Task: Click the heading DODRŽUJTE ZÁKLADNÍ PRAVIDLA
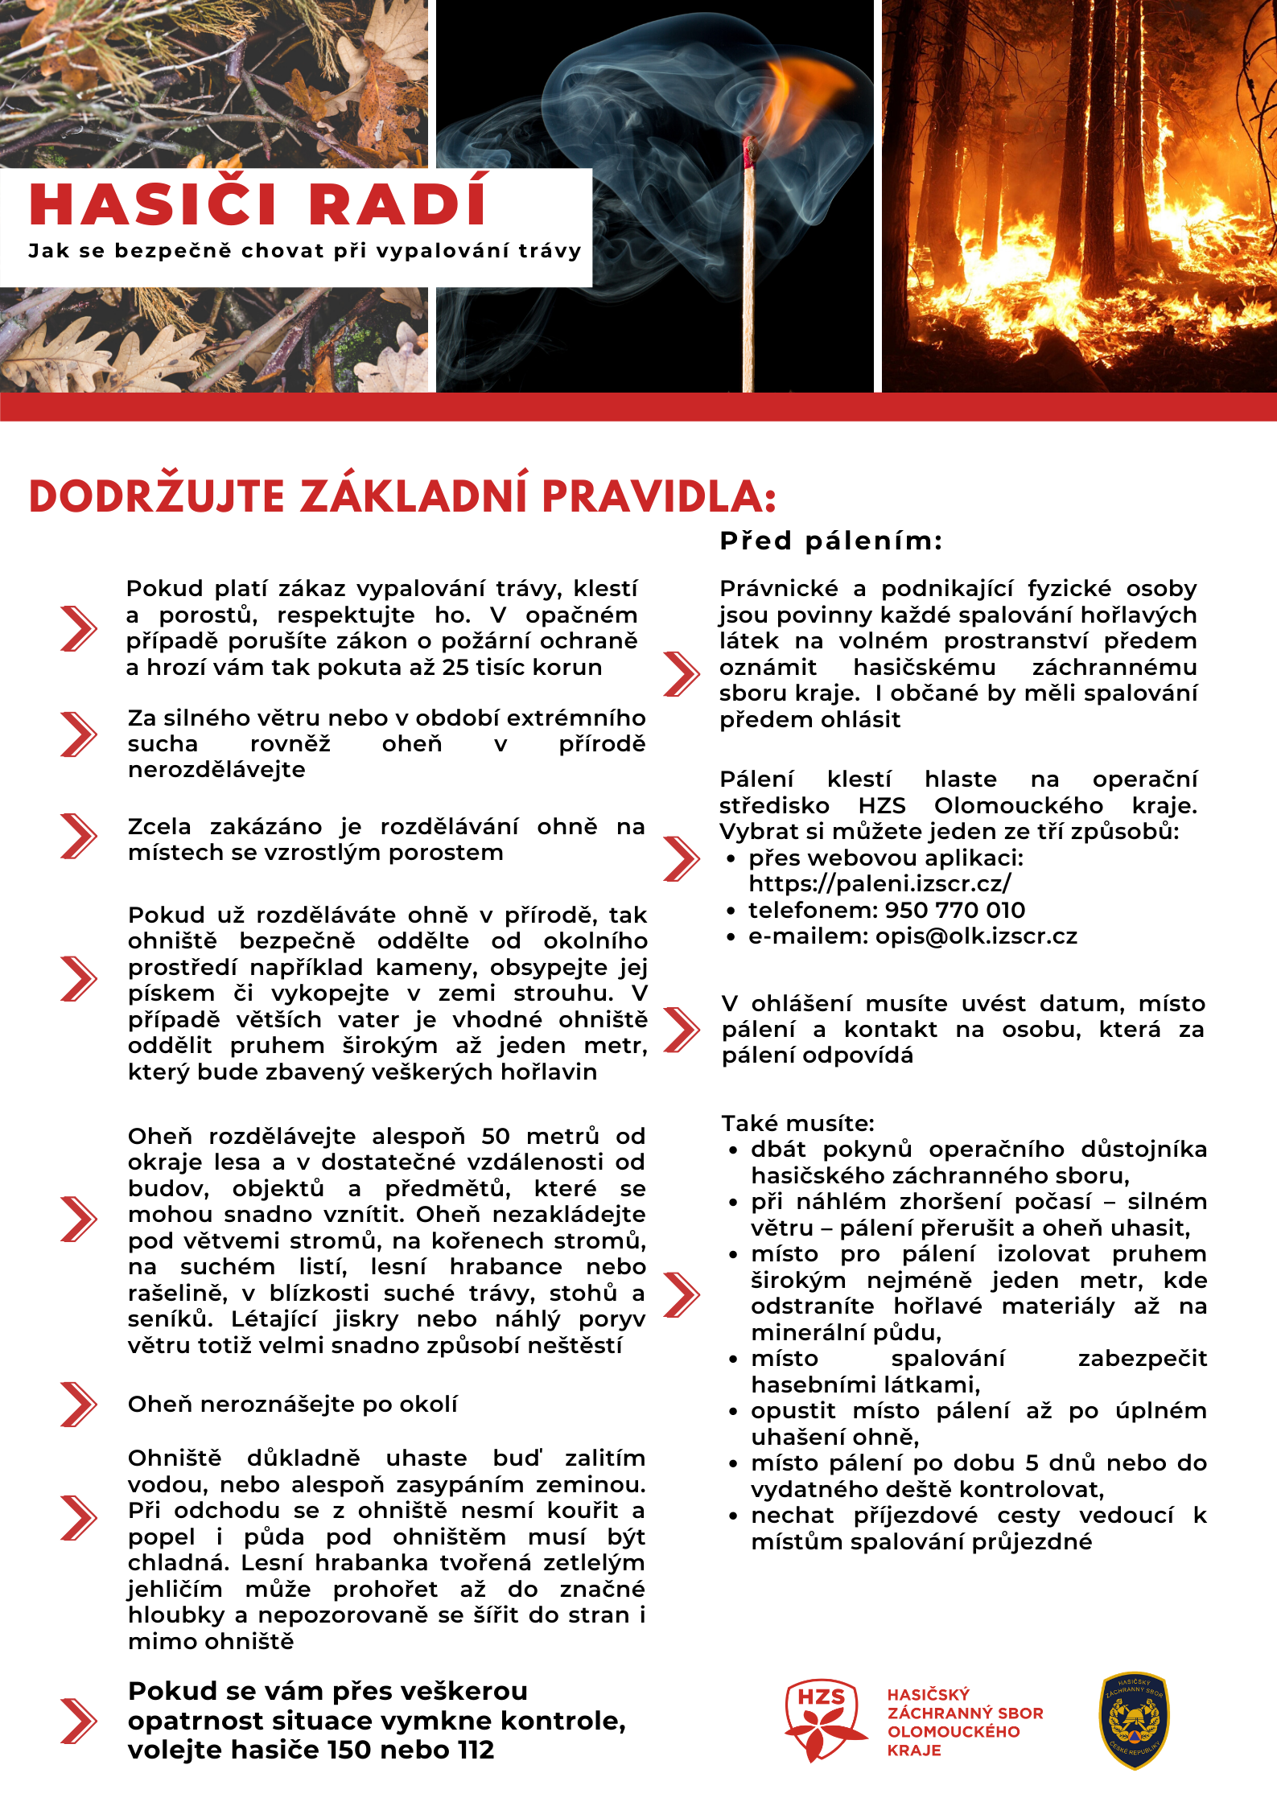coord(402,496)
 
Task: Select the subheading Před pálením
coord(830,541)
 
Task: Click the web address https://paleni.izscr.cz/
coord(879,883)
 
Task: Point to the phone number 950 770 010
coord(955,910)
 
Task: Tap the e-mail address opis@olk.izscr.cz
coord(976,936)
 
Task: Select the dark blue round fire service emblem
coord(1134,1720)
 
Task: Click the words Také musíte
coord(797,1123)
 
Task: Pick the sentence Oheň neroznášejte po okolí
coord(292,1404)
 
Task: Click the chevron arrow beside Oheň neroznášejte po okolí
coord(78,1404)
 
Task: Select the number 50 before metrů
coord(496,1136)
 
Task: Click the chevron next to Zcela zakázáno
coord(78,837)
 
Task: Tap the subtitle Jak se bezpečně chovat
coord(304,251)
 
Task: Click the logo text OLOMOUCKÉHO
coord(954,1731)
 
